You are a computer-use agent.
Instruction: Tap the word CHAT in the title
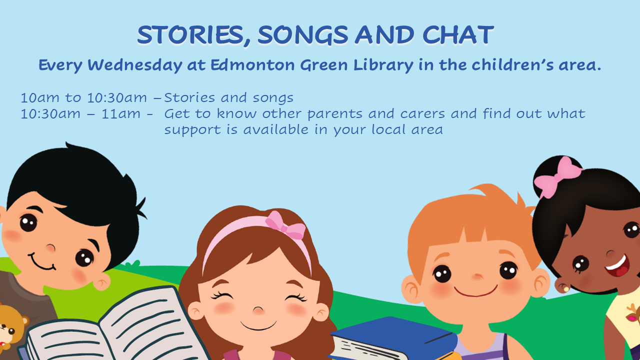(x=458, y=35)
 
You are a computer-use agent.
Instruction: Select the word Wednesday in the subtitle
(x=135, y=65)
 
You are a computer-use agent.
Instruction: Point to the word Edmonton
(x=252, y=64)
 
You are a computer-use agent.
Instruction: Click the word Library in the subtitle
(x=383, y=65)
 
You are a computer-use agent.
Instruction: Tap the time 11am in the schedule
(x=121, y=113)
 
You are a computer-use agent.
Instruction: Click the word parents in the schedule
(x=335, y=114)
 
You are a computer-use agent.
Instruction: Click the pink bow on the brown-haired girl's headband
(x=285, y=225)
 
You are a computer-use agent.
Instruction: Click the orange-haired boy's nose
(x=477, y=276)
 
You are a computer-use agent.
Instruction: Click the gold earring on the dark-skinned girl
(x=566, y=289)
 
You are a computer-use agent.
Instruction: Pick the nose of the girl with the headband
(x=258, y=310)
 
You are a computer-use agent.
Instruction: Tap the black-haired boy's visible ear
(x=102, y=281)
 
